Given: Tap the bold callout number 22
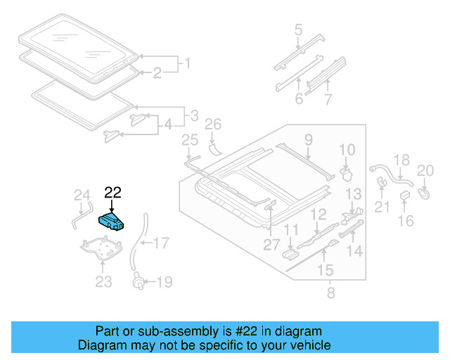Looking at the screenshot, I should pyautogui.click(x=112, y=191).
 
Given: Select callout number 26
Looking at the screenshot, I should pyautogui.click(x=212, y=125).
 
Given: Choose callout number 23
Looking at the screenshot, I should pyautogui.click(x=103, y=283).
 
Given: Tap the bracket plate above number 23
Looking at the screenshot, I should pyautogui.click(x=103, y=249).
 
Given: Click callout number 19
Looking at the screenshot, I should pyautogui.click(x=163, y=283).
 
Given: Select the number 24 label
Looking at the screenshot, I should pyautogui.click(x=82, y=195).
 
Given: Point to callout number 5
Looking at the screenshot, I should pyautogui.click(x=298, y=30).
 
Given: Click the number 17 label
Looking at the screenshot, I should pyautogui.click(x=161, y=244).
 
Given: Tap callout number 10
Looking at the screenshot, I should pyautogui.click(x=347, y=149).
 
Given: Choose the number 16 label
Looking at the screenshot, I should pyautogui.click(x=406, y=221).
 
